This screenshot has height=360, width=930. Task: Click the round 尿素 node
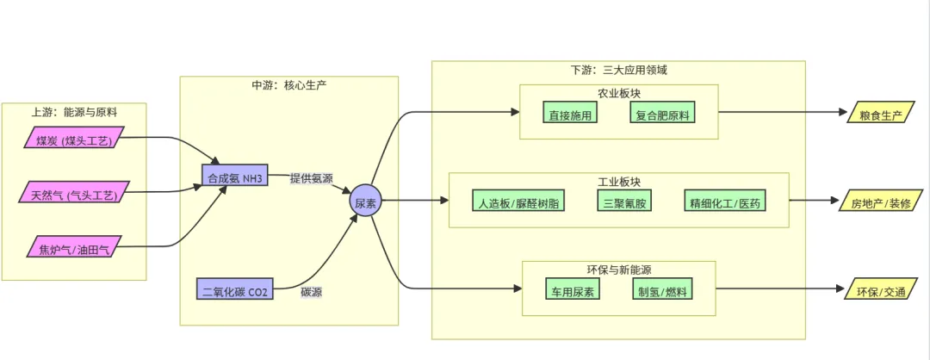[x=364, y=202]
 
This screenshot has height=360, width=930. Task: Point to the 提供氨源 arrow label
[x=311, y=177]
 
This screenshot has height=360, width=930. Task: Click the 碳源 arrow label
[x=312, y=292]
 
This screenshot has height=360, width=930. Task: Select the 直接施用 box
[x=570, y=114]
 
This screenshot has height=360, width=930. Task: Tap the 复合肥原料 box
[x=662, y=114]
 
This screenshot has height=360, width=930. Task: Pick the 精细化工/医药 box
[x=724, y=202]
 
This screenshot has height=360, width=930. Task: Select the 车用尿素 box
[x=573, y=290]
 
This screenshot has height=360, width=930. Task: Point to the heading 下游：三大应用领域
[x=617, y=70]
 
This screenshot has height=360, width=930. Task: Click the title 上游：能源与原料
[x=74, y=112]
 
